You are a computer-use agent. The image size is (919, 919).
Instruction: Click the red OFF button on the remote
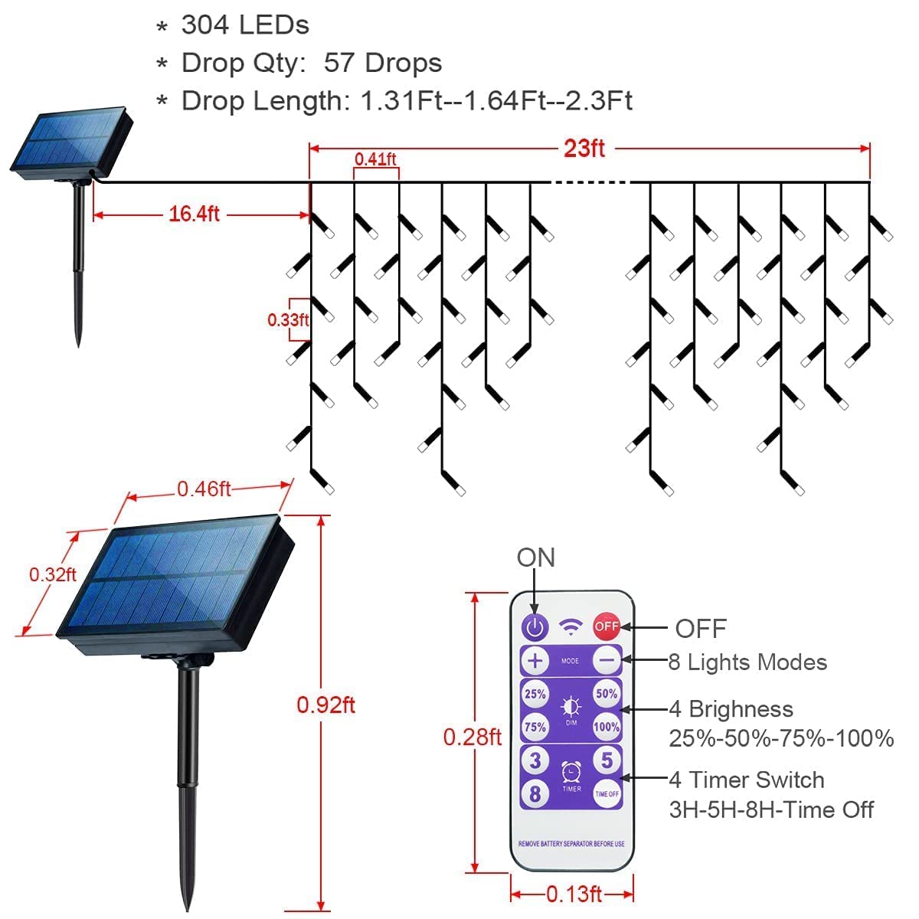tap(606, 626)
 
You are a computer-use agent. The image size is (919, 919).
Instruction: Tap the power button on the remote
tap(535, 626)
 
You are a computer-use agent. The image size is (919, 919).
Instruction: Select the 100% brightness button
tap(606, 727)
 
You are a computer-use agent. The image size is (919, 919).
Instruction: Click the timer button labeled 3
tap(535, 760)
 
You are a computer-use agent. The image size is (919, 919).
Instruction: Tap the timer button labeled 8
tap(535, 794)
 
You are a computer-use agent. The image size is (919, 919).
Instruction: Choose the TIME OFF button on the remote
tap(606, 794)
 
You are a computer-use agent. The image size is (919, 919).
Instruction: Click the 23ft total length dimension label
tap(584, 149)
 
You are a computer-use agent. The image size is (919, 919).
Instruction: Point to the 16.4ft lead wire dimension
tap(194, 214)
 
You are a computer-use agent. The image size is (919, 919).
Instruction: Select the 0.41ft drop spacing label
tap(375, 159)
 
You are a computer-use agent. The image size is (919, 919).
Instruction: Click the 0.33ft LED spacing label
tap(288, 319)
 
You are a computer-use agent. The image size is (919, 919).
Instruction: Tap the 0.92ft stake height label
tap(325, 705)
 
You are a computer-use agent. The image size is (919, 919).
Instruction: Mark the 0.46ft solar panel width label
tap(204, 489)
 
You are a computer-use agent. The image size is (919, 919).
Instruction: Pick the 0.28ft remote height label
tap(473, 737)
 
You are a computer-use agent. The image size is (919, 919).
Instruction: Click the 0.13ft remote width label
tap(574, 894)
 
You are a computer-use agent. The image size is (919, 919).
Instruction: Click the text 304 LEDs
tap(245, 25)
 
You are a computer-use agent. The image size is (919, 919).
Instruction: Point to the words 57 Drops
tap(383, 63)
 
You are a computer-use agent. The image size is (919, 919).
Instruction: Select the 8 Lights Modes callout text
tap(747, 662)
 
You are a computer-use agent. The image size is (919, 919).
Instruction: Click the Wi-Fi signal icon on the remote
tap(571, 626)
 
